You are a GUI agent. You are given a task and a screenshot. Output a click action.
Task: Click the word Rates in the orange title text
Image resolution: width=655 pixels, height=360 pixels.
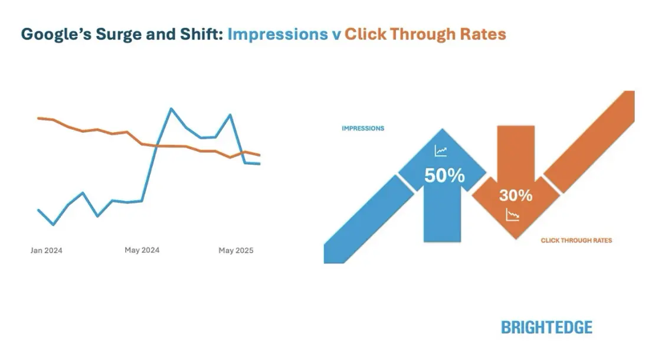485,34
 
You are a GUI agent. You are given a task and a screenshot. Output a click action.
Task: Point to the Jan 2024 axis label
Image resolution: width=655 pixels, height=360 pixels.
47,250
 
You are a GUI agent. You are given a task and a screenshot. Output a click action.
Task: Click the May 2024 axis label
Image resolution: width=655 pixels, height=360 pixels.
142,250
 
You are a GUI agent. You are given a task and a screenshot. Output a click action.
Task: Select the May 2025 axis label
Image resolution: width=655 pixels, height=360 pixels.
235,251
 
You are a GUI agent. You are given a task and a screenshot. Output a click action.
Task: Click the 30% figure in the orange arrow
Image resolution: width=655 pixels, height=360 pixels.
515,195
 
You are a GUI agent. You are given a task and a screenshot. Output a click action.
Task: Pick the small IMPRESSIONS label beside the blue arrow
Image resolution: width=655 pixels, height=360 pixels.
363,128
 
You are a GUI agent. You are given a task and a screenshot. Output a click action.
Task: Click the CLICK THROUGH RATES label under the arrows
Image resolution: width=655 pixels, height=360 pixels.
576,240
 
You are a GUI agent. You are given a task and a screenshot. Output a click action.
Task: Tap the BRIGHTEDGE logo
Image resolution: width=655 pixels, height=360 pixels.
546,327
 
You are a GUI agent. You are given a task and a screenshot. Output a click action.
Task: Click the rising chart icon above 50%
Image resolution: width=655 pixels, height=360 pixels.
441,152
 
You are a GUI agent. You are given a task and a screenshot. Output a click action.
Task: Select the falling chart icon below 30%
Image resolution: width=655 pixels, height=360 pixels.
512,215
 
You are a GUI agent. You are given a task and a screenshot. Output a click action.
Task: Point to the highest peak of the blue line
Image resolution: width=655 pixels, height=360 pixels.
171,109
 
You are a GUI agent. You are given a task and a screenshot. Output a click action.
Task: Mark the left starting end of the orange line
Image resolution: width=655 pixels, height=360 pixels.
38,118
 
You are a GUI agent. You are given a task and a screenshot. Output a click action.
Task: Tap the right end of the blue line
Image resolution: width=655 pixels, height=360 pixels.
260,164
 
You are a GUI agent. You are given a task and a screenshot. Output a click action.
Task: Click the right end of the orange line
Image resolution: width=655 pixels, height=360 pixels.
260,155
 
